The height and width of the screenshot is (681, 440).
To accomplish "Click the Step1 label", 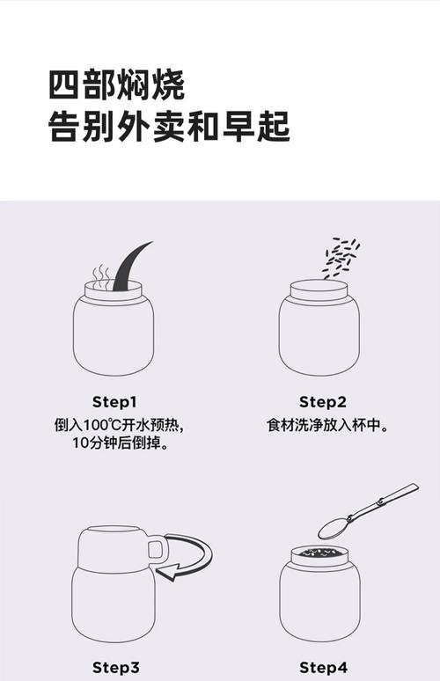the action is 114,402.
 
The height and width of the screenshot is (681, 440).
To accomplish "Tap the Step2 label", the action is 323,402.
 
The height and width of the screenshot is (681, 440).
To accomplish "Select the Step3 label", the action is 115,668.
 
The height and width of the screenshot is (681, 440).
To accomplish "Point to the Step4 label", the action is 324,668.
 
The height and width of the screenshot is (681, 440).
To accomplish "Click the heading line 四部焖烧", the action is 116,85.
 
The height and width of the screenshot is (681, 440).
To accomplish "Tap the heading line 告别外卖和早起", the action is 169,127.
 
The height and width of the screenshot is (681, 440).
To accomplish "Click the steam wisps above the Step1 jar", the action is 101,275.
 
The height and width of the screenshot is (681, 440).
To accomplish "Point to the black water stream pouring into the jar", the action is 129,267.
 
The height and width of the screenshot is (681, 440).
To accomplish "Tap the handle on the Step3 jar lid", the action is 158,548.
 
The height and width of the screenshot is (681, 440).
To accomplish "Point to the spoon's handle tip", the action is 416,486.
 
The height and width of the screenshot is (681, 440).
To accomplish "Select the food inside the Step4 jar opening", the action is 319,553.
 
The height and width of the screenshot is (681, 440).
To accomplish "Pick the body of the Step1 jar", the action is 114,336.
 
